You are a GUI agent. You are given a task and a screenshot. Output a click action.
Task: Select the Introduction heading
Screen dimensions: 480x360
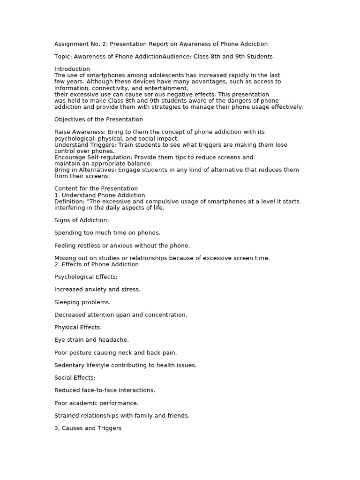click(72, 69)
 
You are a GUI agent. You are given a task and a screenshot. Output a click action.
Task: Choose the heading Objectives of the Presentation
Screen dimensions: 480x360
click(98, 120)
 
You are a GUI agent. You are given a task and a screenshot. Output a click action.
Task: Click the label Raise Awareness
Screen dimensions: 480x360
click(79, 132)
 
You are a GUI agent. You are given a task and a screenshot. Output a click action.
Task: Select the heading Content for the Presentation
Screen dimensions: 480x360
click(96, 189)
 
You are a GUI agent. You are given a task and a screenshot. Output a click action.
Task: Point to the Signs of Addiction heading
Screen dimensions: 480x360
click(82, 220)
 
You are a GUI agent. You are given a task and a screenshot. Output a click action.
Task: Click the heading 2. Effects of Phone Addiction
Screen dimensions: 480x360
click(97, 264)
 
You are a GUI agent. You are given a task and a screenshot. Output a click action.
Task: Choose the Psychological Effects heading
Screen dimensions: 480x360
click(86, 277)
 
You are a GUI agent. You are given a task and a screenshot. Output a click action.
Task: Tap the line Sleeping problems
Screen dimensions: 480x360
click(82, 302)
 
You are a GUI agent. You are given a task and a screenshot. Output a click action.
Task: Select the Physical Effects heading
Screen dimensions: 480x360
click(78, 327)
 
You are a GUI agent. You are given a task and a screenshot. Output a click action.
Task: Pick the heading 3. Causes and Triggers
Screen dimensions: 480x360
click(88, 428)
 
